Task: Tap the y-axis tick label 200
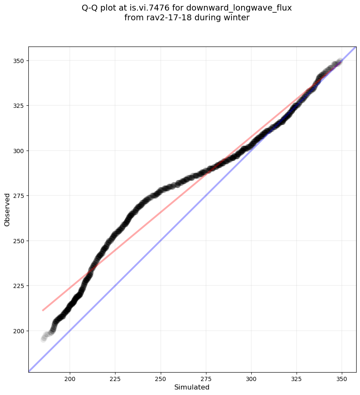[x=19, y=331]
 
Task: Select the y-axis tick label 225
[x=19, y=286]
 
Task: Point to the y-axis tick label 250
[x=19, y=241]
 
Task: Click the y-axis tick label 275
[x=19, y=196]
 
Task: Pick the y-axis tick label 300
[x=19, y=151]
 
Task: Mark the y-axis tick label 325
[x=19, y=106]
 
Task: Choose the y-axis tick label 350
[x=19, y=61]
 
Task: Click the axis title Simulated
[x=192, y=387]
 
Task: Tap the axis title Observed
[x=7, y=210]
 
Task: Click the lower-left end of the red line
[x=43, y=310]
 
